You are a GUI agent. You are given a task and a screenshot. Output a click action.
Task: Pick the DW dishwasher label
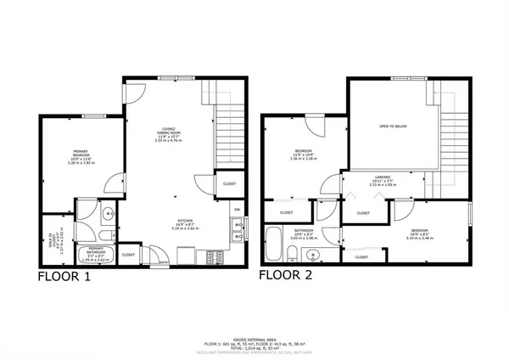237,210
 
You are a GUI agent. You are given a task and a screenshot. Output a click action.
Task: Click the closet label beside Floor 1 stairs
229,183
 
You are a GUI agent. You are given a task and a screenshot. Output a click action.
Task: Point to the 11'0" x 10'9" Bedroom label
303,155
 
